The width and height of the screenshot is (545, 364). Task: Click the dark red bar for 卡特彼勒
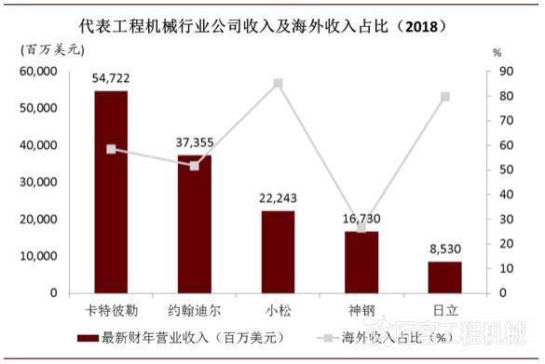[x=111, y=192]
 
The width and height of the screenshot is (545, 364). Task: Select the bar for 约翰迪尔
[x=194, y=223]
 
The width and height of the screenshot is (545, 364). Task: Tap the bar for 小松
[x=278, y=251]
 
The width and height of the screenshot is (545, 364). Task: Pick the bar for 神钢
[x=361, y=262]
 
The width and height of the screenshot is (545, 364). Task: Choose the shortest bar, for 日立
[x=444, y=276]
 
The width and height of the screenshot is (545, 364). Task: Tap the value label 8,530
[x=444, y=251]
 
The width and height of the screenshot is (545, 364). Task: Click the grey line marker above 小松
[x=278, y=83]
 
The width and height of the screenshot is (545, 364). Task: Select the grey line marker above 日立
[x=444, y=97]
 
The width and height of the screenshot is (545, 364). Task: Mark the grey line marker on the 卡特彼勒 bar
[x=111, y=149]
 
